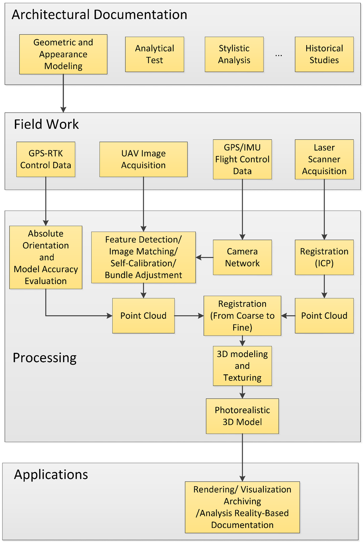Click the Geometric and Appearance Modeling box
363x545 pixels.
click(x=63, y=54)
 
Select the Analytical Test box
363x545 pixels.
click(x=155, y=54)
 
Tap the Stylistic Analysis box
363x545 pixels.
click(x=234, y=54)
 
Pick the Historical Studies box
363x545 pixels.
click(x=324, y=54)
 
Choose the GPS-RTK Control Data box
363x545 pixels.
click(x=46, y=159)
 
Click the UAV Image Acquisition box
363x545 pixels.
click(x=143, y=159)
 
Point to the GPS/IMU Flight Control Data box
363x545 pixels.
click(x=242, y=159)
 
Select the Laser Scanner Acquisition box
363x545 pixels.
click(x=324, y=159)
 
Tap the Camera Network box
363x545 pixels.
click(x=242, y=257)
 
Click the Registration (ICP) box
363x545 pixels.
click(x=324, y=257)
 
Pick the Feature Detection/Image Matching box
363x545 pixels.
click(x=143, y=257)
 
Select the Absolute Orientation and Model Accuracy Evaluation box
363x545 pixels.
click(x=46, y=257)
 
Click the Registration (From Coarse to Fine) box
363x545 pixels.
click(x=242, y=316)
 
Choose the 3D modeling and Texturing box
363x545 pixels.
click(x=242, y=366)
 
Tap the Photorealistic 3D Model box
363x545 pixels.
click(x=242, y=416)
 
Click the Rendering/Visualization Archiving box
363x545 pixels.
click(x=242, y=507)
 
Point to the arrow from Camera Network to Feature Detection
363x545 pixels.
click(x=204, y=257)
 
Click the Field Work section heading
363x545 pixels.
click(x=46, y=124)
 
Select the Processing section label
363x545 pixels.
click(x=45, y=358)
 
